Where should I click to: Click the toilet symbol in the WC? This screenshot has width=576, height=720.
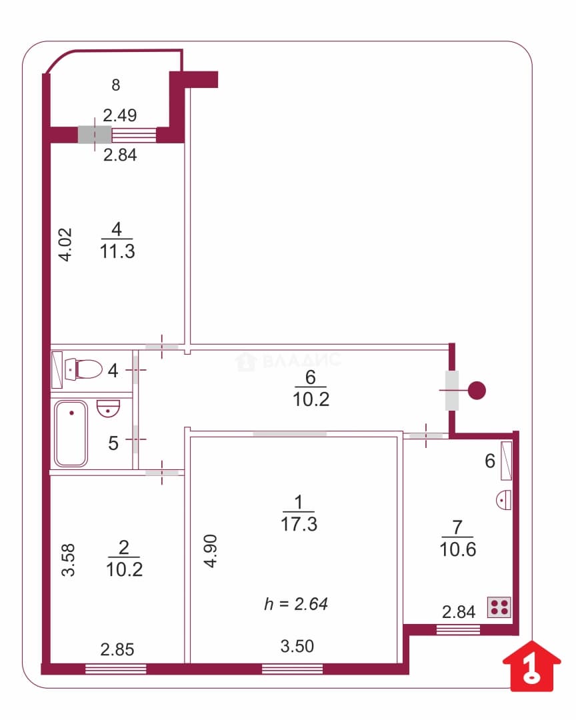83,369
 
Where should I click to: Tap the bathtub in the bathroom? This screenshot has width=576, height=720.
71,433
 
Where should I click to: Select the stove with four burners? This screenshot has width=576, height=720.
499,607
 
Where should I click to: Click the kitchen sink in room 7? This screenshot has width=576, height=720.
504,499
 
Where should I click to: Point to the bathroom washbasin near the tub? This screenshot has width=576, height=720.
109,408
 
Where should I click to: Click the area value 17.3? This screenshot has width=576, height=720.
299,524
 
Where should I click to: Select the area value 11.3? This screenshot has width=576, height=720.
117,251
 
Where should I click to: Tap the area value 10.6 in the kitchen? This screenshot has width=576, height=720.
458,549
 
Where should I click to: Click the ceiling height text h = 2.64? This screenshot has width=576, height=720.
296,604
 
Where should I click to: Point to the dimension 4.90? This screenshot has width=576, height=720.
211,551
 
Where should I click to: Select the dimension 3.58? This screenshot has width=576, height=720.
68,560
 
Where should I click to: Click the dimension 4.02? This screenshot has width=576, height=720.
66,244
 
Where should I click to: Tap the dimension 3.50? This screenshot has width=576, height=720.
297,646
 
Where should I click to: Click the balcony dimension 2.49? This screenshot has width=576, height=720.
120,115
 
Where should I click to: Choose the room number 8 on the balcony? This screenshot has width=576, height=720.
116,85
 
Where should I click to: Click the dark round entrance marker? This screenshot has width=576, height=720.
477,390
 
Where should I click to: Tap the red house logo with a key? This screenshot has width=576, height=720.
532,665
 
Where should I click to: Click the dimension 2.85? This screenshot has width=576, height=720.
117,649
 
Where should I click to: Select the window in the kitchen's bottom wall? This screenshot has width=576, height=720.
458,629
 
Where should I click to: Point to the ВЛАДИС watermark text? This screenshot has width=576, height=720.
301,360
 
